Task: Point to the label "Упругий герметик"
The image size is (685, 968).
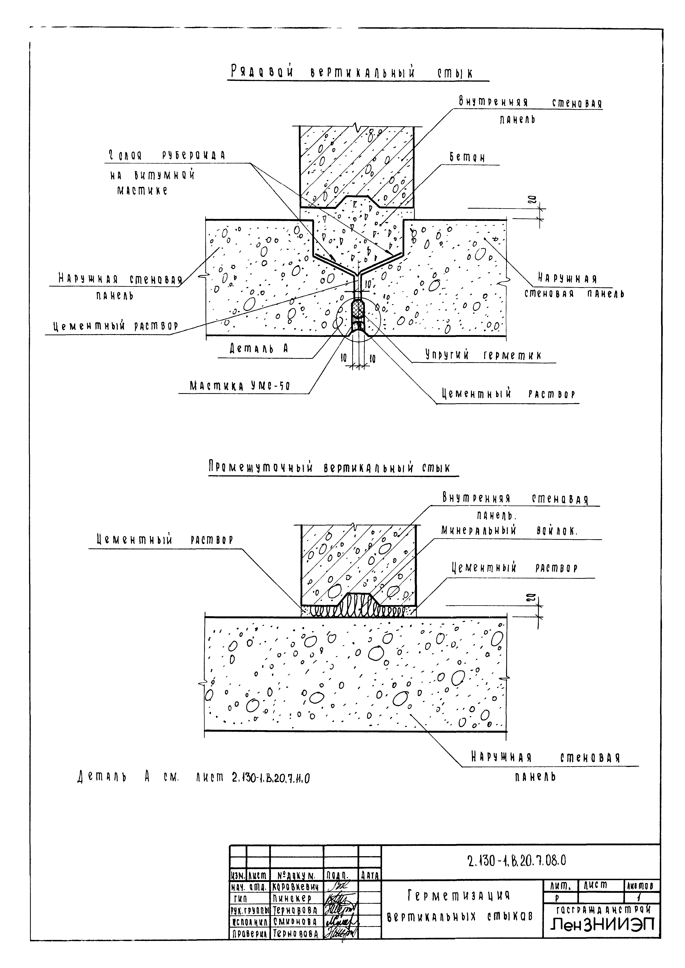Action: [483, 355]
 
